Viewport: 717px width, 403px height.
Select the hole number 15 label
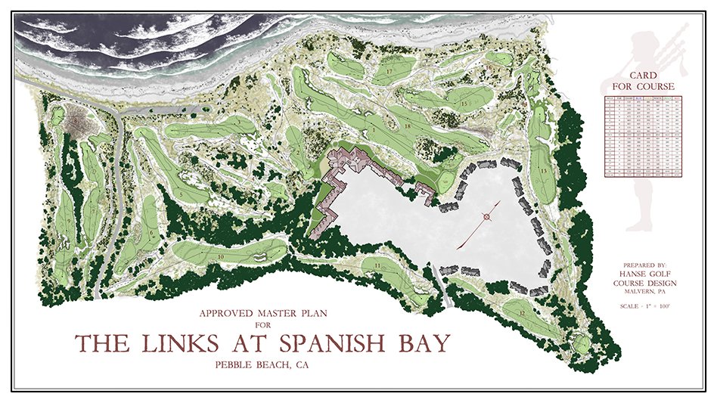point(461,102)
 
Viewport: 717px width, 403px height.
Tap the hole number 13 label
point(545,172)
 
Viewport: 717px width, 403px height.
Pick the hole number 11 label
point(376,266)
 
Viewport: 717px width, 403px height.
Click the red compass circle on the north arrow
point(486,217)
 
